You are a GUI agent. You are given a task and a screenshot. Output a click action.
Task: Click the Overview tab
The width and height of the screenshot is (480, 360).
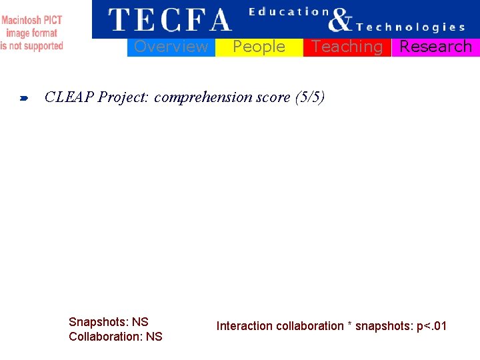[171, 47]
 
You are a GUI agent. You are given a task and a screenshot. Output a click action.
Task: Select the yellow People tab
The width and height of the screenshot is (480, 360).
[259, 47]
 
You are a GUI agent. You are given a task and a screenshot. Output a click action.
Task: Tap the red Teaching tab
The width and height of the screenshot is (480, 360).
[347, 47]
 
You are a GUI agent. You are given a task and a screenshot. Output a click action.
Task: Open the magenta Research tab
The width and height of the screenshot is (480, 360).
[435, 47]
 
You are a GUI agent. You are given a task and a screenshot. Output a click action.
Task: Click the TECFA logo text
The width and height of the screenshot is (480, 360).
[169, 20]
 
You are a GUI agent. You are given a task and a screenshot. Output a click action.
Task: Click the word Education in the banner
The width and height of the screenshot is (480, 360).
[289, 11]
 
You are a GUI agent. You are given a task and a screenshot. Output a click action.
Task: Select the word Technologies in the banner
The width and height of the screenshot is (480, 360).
[411, 27]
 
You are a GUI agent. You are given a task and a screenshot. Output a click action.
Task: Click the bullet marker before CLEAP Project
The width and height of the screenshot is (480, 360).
[23, 99]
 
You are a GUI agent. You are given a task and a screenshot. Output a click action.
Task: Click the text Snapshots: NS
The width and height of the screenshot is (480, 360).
[109, 322]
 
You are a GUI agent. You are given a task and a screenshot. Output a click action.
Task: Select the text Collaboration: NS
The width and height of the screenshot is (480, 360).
[115, 337]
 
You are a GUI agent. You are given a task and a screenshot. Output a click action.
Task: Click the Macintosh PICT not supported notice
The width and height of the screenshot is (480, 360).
[32, 33]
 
